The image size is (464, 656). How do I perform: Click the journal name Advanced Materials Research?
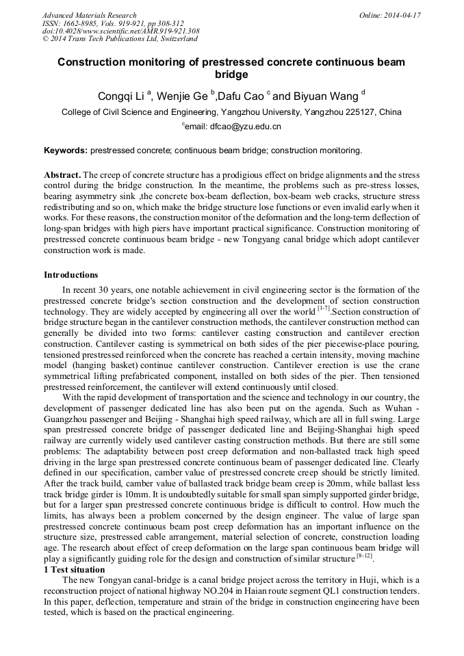pos(89,15)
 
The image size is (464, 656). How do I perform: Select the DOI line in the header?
pos(120,31)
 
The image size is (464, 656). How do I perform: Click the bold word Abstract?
pos(63,175)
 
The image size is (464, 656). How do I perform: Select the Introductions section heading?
pos(71,275)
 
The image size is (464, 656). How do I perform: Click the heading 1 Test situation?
pos(75,570)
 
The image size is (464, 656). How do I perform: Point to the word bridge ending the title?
pos(231,75)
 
